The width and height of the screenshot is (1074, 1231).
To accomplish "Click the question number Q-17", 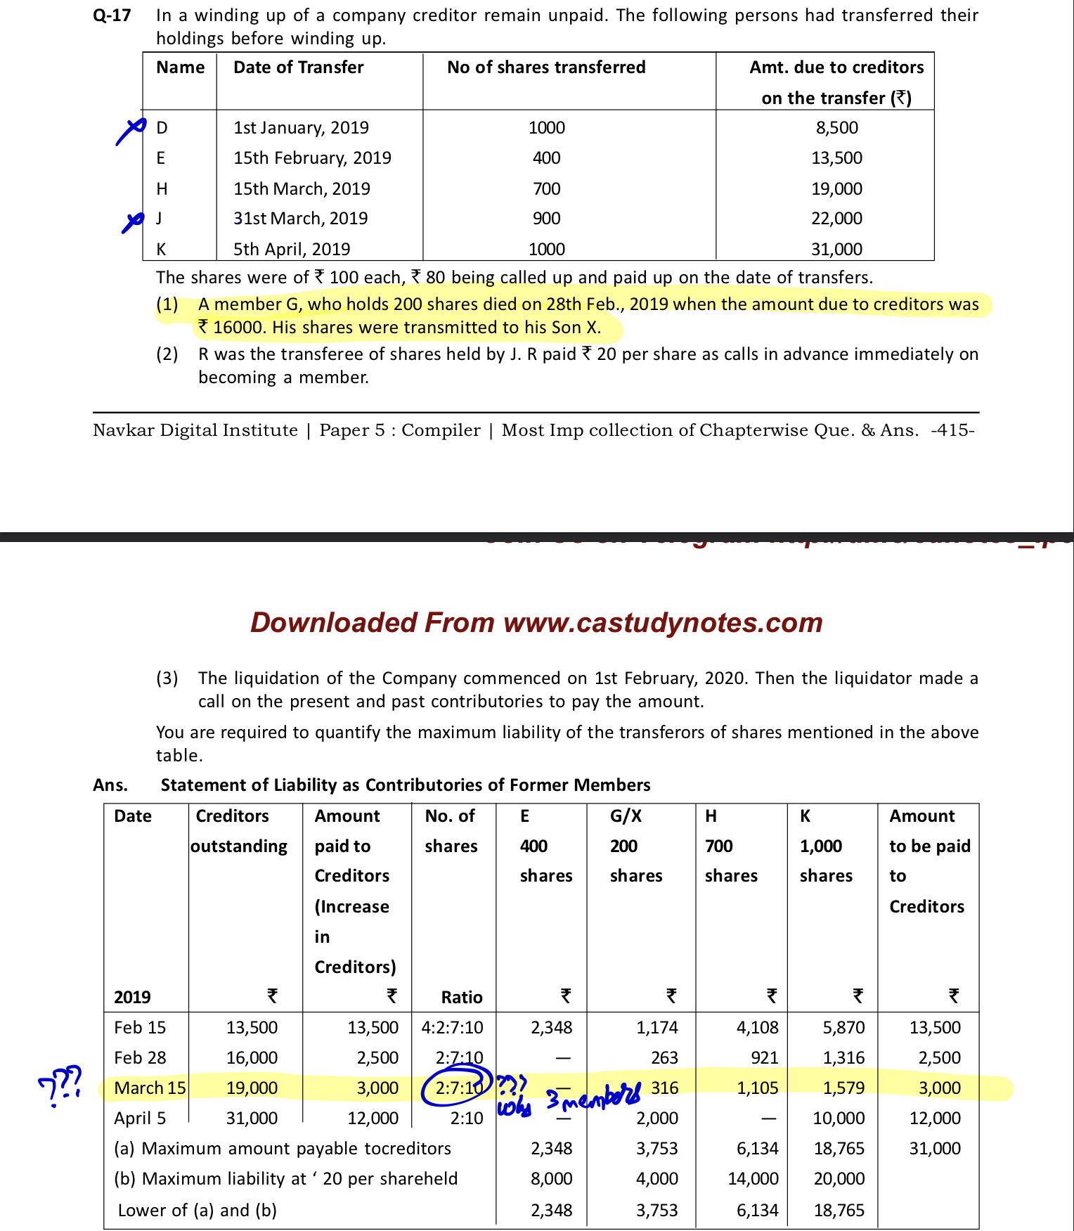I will click(112, 15).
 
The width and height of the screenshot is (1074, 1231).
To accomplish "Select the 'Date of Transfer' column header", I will click(298, 67).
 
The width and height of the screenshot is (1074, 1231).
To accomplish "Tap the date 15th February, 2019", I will click(312, 158).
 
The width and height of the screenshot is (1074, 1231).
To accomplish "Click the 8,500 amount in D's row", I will click(836, 128).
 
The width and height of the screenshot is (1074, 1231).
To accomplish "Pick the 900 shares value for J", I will click(546, 219).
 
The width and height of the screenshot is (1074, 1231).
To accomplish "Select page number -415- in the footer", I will click(952, 430).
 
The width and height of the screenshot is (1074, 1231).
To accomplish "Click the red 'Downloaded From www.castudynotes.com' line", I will click(536, 623).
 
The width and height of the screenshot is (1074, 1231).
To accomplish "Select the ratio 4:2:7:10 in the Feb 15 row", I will click(452, 1028).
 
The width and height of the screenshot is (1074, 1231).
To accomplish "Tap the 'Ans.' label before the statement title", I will click(110, 785).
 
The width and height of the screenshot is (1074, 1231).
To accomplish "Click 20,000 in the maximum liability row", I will click(839, 1179).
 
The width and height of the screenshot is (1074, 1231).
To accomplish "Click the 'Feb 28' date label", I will click(140, 1058).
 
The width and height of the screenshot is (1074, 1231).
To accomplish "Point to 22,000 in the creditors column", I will click(836, 219).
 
